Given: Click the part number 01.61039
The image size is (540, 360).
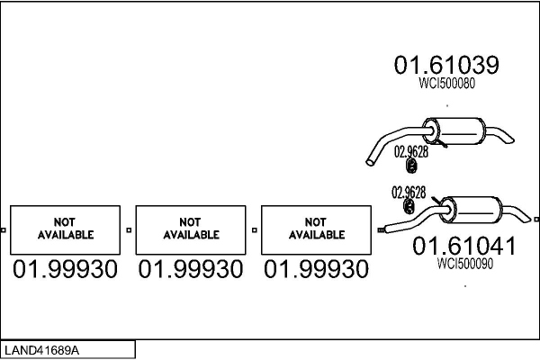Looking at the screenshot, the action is pos(446,65).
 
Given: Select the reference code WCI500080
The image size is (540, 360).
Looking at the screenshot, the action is pos(446,83).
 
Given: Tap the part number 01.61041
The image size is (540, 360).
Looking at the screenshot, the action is pos(464,246).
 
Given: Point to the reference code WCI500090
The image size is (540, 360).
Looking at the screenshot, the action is pos(465,264).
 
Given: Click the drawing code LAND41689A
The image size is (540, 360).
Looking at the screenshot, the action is pos(41,350).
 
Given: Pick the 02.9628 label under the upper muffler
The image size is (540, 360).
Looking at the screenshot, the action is pos(411,151).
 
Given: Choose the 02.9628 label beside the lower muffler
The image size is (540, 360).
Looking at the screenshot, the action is pos(409,193).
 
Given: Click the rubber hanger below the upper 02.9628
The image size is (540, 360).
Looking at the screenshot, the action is pos(411,166).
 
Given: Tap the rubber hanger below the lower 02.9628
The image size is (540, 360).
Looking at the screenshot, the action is pos(409,206).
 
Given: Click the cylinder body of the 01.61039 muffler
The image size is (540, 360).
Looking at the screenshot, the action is pos(454,131).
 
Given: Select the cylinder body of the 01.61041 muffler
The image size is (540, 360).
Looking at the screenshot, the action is pos(472,209).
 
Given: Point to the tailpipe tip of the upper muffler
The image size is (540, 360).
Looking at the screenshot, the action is pos(509,139).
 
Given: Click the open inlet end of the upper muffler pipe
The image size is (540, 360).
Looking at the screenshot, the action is pos(370,161).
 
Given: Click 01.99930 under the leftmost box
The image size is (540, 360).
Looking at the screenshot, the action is pos(65,269).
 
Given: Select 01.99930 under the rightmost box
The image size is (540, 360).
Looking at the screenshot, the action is pos(316,269).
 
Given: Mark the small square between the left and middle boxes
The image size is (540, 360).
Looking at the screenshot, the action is pos(129,230).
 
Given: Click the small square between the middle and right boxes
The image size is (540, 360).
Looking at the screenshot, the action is pos(254,230).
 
